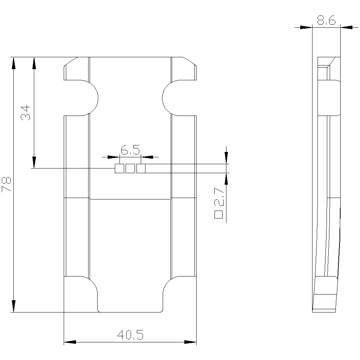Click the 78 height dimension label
[x=7, y=184]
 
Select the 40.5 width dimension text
[x=130, y=336]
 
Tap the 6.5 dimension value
[x=130, y=149]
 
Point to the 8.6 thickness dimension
[x=326, y=21]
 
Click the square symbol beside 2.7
[x=219, y=215]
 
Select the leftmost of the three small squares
[x=119, y=168]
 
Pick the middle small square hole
[x=130, y=168]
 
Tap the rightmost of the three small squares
[x=141, y=168]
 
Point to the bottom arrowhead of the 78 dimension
[x=14, y=306]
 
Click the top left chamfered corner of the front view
[x=71, y=62]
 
